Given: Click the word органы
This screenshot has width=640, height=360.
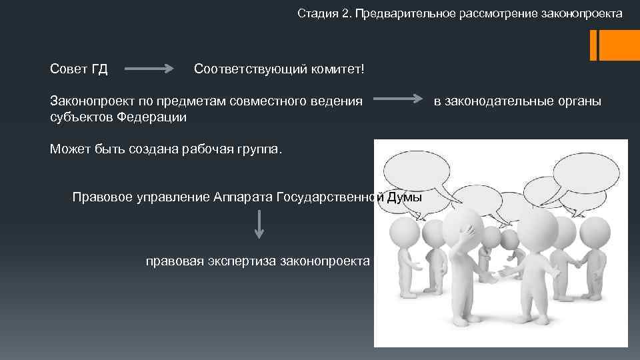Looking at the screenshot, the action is pos(580,101).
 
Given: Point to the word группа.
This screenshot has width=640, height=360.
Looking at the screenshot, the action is pos(260,149).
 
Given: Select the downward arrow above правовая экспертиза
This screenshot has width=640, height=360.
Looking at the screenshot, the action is pos(259,224).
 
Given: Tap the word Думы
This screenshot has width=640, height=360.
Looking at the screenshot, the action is pos(404,197).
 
